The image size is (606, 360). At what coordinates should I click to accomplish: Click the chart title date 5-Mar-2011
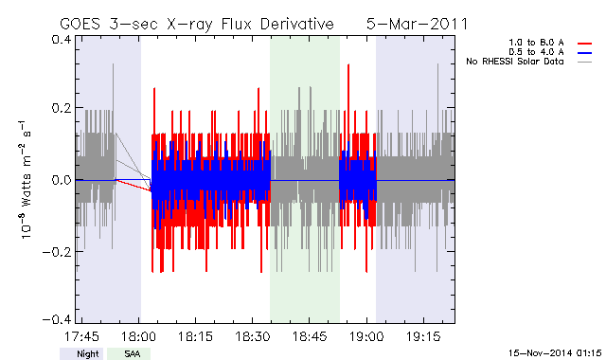click(x=417, y=24)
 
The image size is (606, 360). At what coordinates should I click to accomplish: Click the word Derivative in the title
click(x=296, y=24)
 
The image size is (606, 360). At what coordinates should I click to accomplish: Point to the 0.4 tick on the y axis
click(x=61, y=40)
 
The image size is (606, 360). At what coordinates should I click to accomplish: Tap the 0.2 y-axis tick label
click(x=61, y=108)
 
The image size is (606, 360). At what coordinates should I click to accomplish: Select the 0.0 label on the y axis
click(x=61, y=180)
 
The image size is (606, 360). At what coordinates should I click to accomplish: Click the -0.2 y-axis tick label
click(x=57, y=252)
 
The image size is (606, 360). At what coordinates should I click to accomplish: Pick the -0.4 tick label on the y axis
click(x=57, y=320)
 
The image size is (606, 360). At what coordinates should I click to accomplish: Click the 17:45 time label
click(x=81, y=336)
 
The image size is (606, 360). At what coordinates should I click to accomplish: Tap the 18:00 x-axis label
click(x=139, y=336)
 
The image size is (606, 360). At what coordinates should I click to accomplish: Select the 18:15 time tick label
click(x=195, y=336)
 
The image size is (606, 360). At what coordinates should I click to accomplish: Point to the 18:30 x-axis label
click(x=253, y=336)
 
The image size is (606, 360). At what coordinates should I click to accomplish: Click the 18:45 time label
click(x=310, y=336)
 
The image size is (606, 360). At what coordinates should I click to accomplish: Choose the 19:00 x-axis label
click(x=366, y=336)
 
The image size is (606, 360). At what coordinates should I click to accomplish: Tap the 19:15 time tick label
click(x=423, y=336)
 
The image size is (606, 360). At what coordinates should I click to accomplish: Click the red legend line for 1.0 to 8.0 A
click(x=585, y=44)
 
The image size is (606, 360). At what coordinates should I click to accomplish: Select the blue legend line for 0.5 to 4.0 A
click(x=585, y=53)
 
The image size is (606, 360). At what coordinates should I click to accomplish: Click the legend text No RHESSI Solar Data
click(x=515, y=62)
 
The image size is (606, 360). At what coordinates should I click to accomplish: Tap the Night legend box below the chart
click(x=81, y=353)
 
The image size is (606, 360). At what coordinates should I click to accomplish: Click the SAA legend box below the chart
click(x=129, y=353)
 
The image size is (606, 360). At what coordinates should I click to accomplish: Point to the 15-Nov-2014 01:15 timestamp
click(x=555, y=352)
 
